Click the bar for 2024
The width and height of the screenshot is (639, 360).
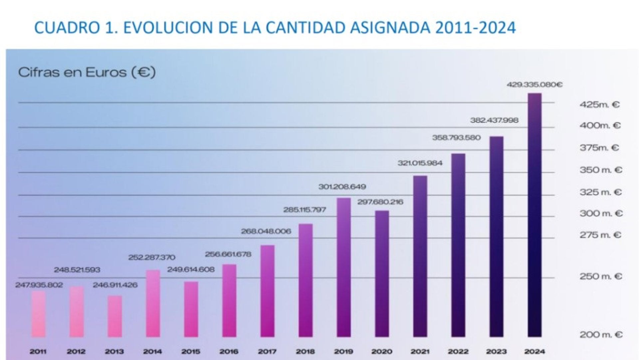[x=534, y=215]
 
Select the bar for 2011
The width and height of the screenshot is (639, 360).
[x=38, y=314]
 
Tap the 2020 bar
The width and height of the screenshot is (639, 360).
[x=382, y=273]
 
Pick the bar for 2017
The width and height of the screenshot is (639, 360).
[x=267, y=291]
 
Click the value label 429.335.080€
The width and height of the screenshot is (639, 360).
[x=534, y=85]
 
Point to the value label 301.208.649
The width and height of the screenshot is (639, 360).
[x=342, y=187]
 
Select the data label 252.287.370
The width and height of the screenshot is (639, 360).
[x=152, y=257]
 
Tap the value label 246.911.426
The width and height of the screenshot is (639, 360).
[x=115, y=285]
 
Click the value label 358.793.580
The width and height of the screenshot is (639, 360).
[x=456, y=138]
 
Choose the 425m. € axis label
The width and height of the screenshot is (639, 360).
[x=599, y=105]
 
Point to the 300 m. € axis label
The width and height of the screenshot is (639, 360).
[x=601, y=213]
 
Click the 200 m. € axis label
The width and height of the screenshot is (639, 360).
[x=601, y=335]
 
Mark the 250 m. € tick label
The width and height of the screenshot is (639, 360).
[x=601, y=276]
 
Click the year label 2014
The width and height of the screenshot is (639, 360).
[x=152, y=351]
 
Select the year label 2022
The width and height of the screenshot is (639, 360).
[x=458, y=351]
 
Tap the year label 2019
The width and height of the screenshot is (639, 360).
[x=343, y=351]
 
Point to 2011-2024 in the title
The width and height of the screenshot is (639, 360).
[x=475, y=28]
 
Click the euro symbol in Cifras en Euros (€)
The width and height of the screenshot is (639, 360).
[x=143, y=72]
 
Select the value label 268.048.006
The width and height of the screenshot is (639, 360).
[x=266, y=231]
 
